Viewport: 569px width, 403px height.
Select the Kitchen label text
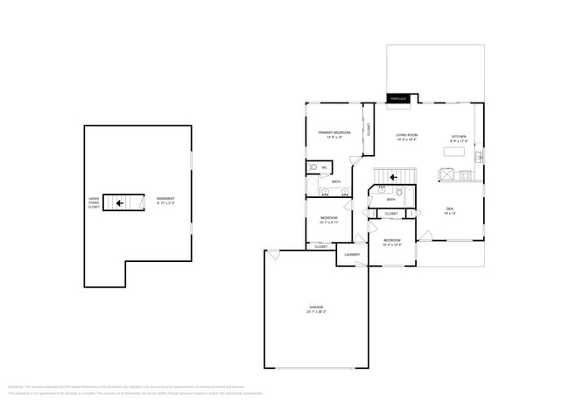coord(459,137)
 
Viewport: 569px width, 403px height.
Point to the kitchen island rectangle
coord(453,152)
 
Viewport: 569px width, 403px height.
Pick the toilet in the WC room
coord(313,166)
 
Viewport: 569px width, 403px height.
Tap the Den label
coord(450,209)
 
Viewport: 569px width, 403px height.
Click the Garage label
coord(315,308)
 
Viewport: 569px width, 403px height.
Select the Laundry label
coord(352,255)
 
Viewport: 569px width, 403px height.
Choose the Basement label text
coord(165,199)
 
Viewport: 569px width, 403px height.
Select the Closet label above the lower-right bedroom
coord(391,214)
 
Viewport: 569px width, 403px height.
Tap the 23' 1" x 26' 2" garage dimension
coord(315,312)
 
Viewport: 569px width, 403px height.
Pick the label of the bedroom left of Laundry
coord(328,217)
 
